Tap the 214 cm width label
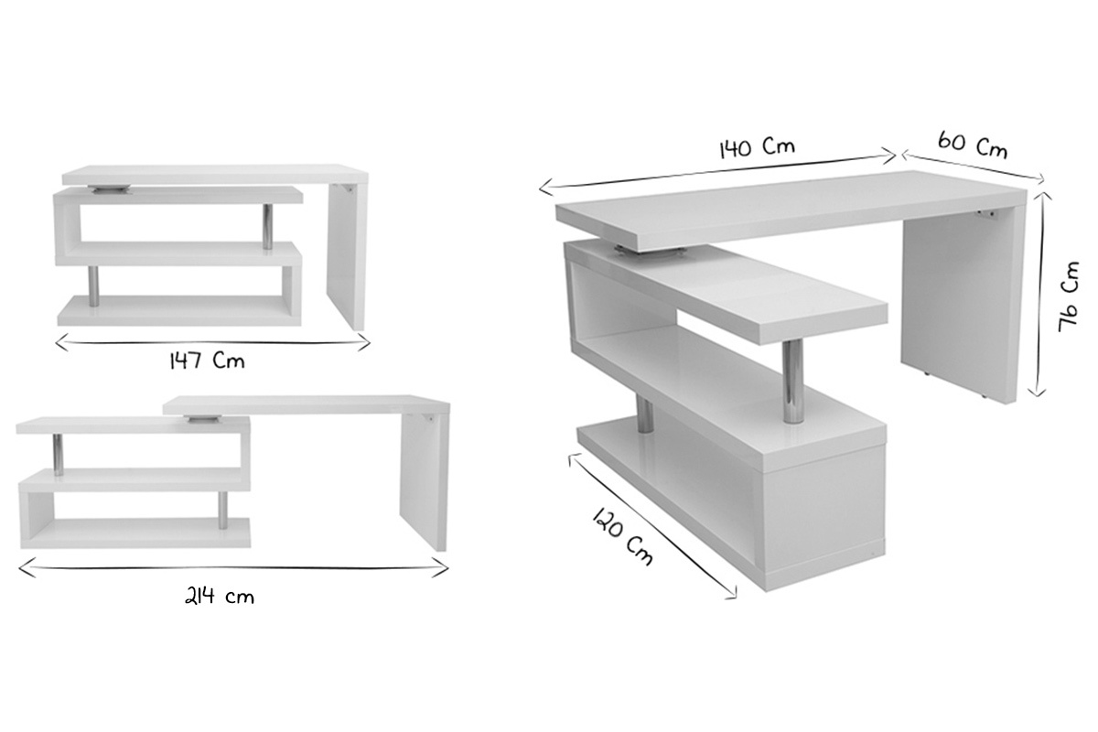pyautogui.click(x=220, y=597)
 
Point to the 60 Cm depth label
pyautogui.click(x=972, y=145)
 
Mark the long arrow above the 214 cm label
pyautogui.click(x=232, y=568)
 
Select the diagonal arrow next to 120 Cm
pyautogui.click(x=651, y=525)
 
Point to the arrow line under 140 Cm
pyautogui.click(x=717, y=173)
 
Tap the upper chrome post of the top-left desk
pyautogui.click(x=267, y=226)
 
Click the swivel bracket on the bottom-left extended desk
pyautogui.click(x=201, y=419)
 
